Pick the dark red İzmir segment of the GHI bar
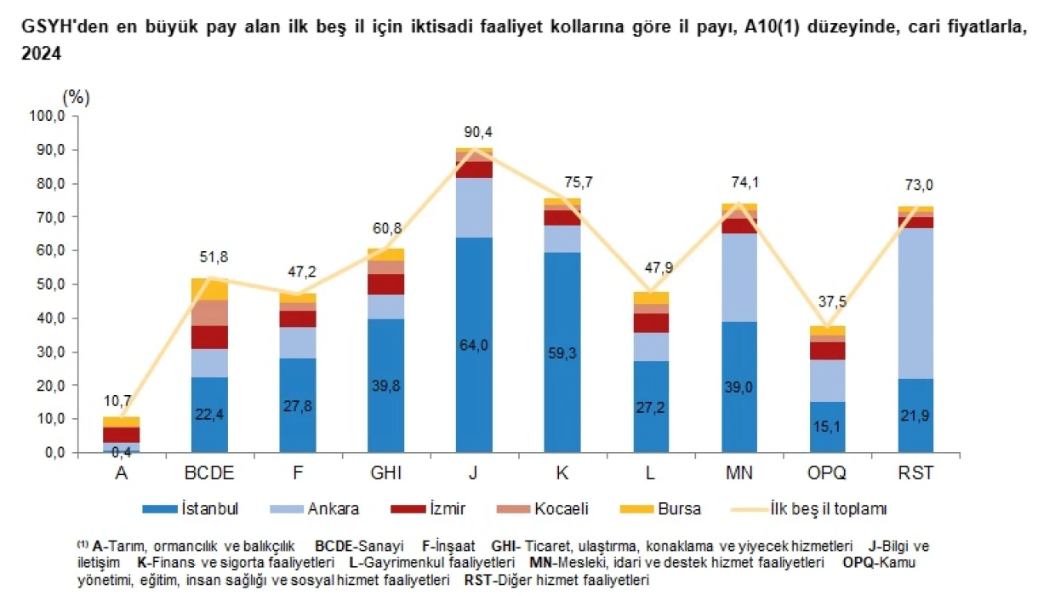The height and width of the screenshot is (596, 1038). (386, 284)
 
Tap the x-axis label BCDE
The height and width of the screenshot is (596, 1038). (209, 473)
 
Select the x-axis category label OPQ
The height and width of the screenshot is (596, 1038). (827, 473)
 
